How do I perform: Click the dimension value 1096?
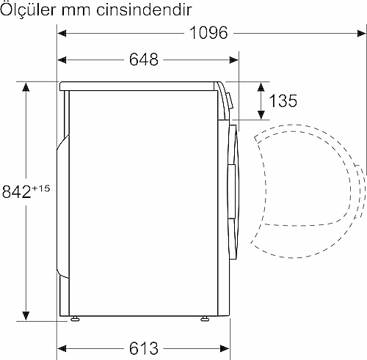point(208,33)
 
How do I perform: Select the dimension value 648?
point(144,59)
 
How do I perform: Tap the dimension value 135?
point(283,100)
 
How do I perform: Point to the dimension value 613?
point(144,348)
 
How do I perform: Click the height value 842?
point(16,191)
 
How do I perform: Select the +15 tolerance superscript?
point(41,188)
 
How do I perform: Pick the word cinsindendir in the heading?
point(144,10)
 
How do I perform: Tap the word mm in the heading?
point(76,12)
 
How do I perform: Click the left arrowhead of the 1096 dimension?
point(62,33)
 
